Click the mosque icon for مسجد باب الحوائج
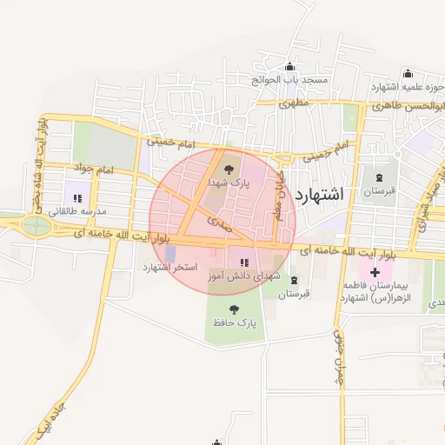tap(289, 67)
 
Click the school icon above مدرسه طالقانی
tap(77, 198)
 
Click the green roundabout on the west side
tap(37, 226)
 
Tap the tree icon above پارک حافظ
tap(234, 309)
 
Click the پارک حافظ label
tap(236, 323)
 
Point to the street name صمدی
tap(219, 222)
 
